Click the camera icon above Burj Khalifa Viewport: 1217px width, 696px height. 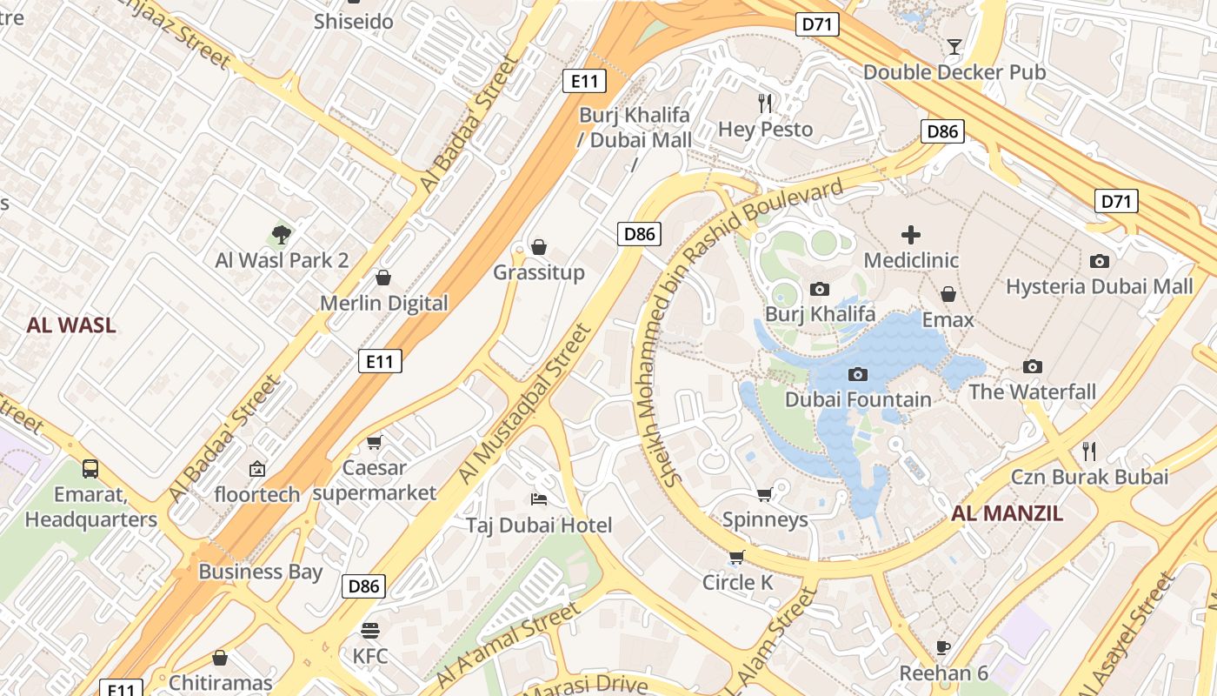(x=819, y=289)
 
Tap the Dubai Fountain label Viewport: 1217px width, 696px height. (x=858, y=399)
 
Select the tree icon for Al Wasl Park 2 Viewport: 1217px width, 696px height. (x=281, y=234)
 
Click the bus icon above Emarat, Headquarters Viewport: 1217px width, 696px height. (x=90, y=469)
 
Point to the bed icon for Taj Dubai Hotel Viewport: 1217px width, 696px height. (x=539, y=499)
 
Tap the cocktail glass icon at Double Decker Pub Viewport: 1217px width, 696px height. (x=954, y=46)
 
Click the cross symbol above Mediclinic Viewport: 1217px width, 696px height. (x=910, y=235)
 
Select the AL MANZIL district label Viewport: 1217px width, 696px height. (x=1007, y=513)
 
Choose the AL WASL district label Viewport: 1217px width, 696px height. (x=71, y=325)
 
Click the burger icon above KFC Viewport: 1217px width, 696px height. (x=370, y=630)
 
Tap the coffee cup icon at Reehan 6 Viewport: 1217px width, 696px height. (x=943, y=647)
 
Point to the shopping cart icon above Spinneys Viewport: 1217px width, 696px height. (x=764, y=494)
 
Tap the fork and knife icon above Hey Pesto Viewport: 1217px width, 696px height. (x=765, y=104)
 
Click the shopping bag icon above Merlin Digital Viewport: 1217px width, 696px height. (x=382, y=278)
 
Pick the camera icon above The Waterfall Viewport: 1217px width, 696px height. (x=1032, y=366)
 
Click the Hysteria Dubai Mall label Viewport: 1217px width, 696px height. (x=1099, y=286)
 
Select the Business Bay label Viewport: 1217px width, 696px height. (x=260, y=572)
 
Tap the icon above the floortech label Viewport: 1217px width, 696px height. (x=257, y=469)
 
